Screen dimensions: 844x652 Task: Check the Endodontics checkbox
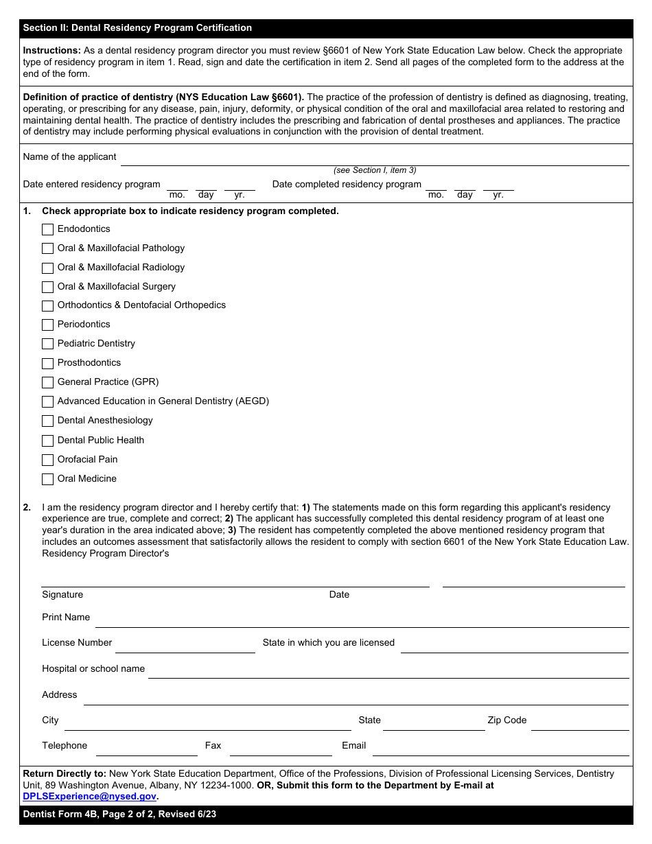[x=47, y=229]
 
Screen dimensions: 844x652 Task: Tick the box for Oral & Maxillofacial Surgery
[x=47, y=287]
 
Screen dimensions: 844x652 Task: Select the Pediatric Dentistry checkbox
[x=47, y=344]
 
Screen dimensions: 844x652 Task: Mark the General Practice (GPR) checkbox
[x=47, y=382]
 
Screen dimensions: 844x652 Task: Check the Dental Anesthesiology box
[x=47, y=421]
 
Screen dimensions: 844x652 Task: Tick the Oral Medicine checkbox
[x=47, y=479]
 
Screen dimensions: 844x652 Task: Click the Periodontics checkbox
[x=47, y=325]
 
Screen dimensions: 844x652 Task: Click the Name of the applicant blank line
[x=374, y=159]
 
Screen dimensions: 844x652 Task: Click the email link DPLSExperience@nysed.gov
[x=89, y=797]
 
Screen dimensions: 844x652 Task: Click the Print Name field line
[x=362, y=621]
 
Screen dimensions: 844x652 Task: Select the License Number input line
[x=185, y=646]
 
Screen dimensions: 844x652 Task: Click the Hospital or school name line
[x=388, y=672]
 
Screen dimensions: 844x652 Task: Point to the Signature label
[x=62, y=595]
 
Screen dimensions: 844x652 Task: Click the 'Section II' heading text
[x=137, y=28]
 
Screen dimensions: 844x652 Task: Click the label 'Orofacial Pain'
[x=87, y=460]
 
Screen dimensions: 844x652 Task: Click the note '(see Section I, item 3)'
[x=375, y=170]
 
